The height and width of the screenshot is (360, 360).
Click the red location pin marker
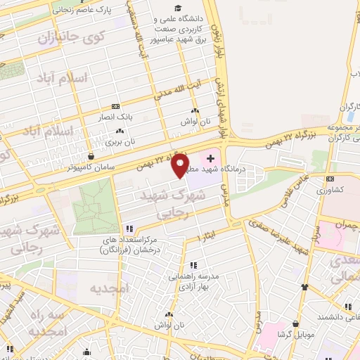(181, 165)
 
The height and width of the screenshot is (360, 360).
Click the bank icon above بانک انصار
(116, 106)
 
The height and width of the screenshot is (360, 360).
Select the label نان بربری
(120, 141)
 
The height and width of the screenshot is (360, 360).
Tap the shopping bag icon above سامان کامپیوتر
(90, 155)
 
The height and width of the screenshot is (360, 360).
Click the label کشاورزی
(328, 190)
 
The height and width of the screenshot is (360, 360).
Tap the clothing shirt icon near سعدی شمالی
(304, 287)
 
